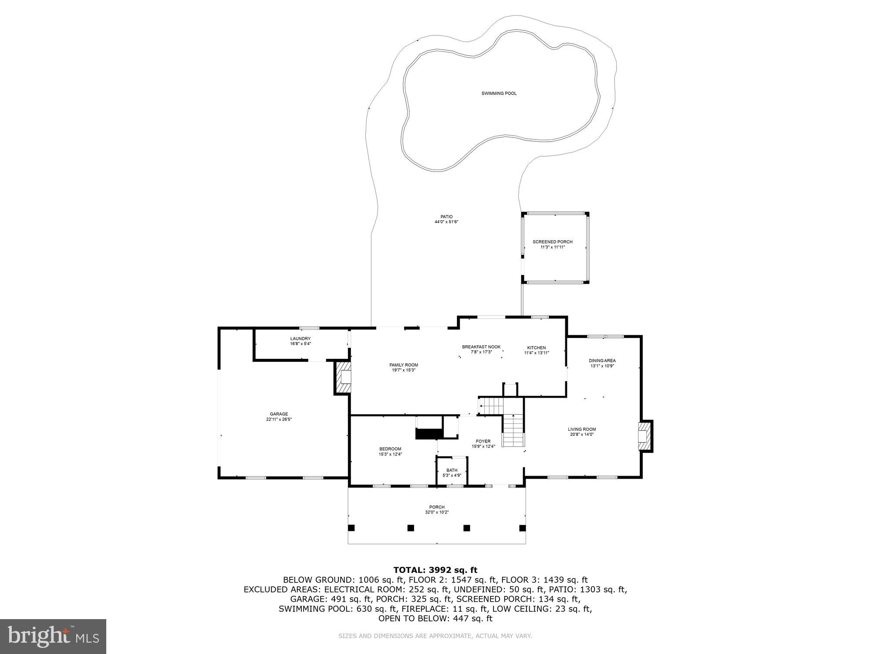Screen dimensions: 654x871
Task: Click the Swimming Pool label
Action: (x=499, y=93)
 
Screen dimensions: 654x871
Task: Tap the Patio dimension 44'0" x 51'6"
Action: (x=446, y=222)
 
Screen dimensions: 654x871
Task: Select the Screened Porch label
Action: (x=552, y=242)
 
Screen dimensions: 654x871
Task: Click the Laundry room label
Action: (x=300, y=338)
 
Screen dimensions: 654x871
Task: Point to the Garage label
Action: (x=279, y=414)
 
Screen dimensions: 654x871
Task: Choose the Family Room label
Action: (x=404, y=365)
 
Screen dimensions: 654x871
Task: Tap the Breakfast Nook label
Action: (x=481, y=347)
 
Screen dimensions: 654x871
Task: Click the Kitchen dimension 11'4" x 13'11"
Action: (x=536, y=353)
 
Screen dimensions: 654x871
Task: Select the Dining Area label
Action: (x=602, y=361)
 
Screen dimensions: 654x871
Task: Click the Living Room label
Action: (x=582, y=429)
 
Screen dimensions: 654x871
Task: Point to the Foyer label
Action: (x=483, y=441)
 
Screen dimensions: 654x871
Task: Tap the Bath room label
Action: (x=452, y=470)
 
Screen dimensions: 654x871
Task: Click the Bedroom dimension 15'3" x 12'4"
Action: (x=390, y=454)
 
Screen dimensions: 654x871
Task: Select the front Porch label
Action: (x=437, y=507)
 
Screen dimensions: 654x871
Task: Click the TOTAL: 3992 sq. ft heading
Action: (x=435, y=570)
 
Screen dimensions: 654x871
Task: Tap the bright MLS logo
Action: (x=53, y=636)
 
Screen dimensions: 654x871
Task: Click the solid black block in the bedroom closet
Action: (x=429, y=434)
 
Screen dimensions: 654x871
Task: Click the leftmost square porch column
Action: (x=351, y=528)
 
